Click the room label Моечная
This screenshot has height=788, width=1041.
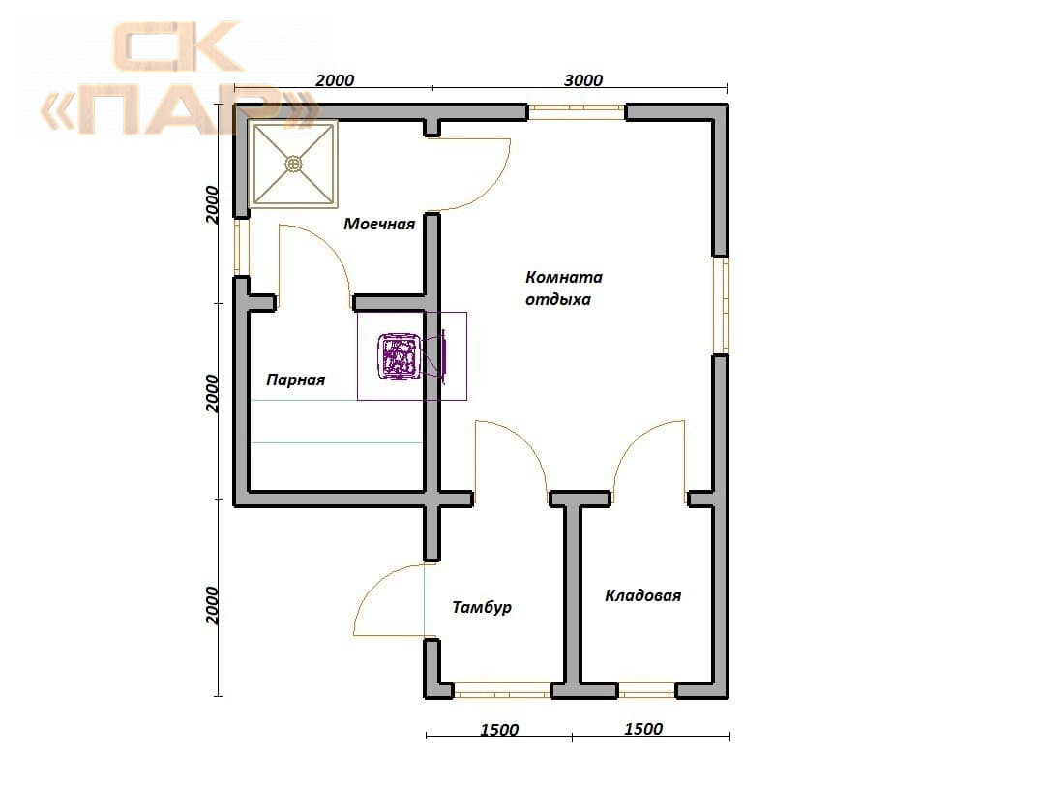pyautogui.click(x=379, y=224)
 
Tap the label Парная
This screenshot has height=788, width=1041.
pyautogui.click(x=295, y=380)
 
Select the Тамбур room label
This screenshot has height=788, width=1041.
pyautogui.click(x=482, y=607)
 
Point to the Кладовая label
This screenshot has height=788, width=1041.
pyautogui.click(x=642, y=595)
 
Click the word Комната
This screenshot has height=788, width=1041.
pyautogui.click(x=564, y=277)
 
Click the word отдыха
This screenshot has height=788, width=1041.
pyautogui.click(x=557, y=299)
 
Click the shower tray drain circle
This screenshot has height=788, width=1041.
pyautogui.click(x=293, y=163)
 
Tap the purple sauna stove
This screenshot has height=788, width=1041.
pyautogui.click(x=399, y=357)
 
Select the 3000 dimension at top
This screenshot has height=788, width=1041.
pyautogui.click(x=583, y=80)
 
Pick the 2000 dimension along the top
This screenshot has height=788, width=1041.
pyautogui.click(x=335, y=80)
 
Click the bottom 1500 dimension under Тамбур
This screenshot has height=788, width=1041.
pyautogui.click(x=498, y=730)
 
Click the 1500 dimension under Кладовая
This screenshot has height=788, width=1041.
pyautogui.click(x=643, y=729)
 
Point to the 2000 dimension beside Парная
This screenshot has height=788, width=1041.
pyautogui.click(x=212, y=393)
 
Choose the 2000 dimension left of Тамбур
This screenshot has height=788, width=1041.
pyautogui.click(x=212, y=605)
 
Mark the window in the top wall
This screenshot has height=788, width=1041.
pyautogui.click(x=577, y=111)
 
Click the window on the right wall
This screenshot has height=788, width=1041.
pyautogui.click(x=721, y=306)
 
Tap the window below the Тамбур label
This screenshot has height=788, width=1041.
pyautogui.click(x=502, y=691)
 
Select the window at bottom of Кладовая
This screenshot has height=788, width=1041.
pyautogui.click(x=646, y=691)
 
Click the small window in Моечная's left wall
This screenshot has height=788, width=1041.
pyautogui.click(x=240, y=247)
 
